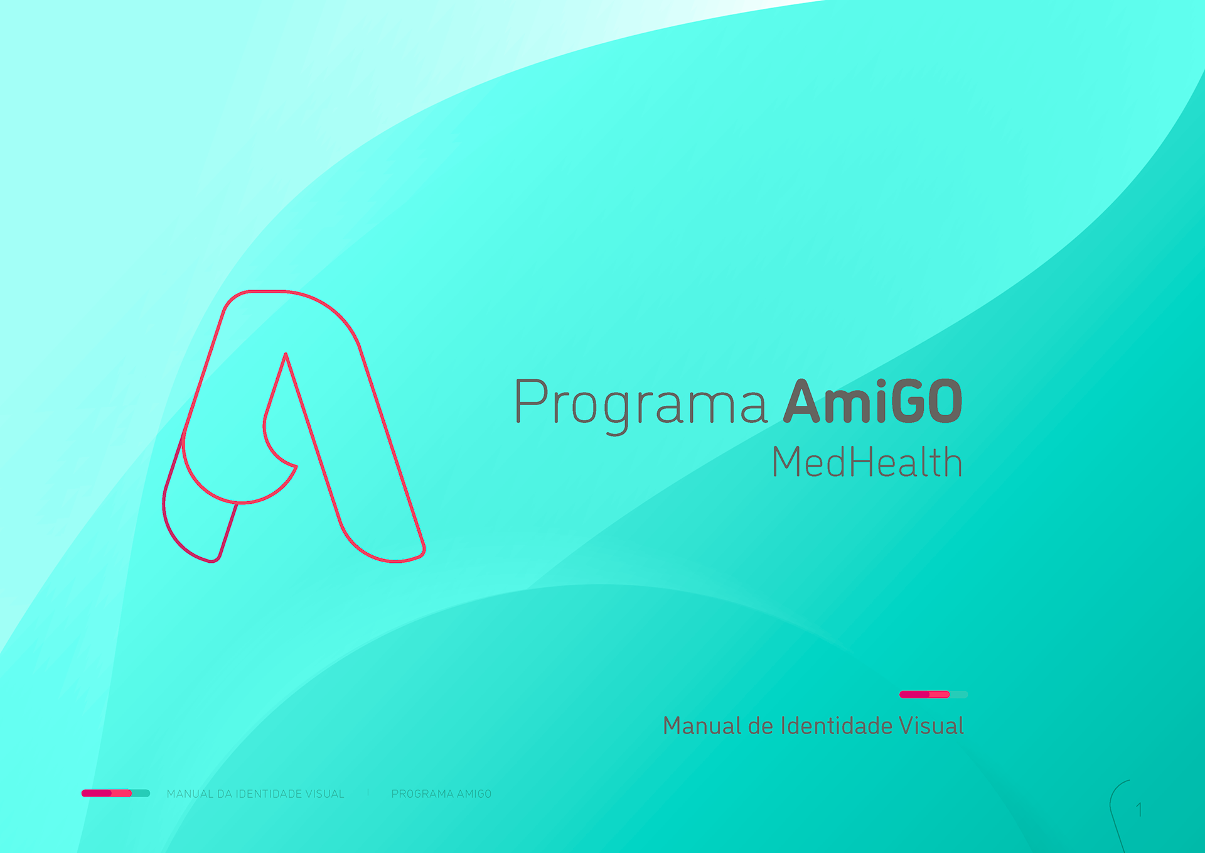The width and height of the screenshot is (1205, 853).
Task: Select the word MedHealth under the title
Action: coord(867,462)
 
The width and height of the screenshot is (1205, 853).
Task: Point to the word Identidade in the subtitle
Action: coord(837,725)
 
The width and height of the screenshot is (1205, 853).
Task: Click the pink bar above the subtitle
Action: coord(924,694)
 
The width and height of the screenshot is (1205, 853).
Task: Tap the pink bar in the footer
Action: coord(107,793)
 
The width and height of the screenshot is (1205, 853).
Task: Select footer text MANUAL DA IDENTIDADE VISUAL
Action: coord(255,794)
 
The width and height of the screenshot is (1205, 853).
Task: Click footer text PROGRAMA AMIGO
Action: coord(441,794)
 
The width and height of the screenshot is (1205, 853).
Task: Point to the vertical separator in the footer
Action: coord(368,793)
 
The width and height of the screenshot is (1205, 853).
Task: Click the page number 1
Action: coord(1139,810)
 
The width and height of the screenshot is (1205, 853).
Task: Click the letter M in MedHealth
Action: coord(789,462)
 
